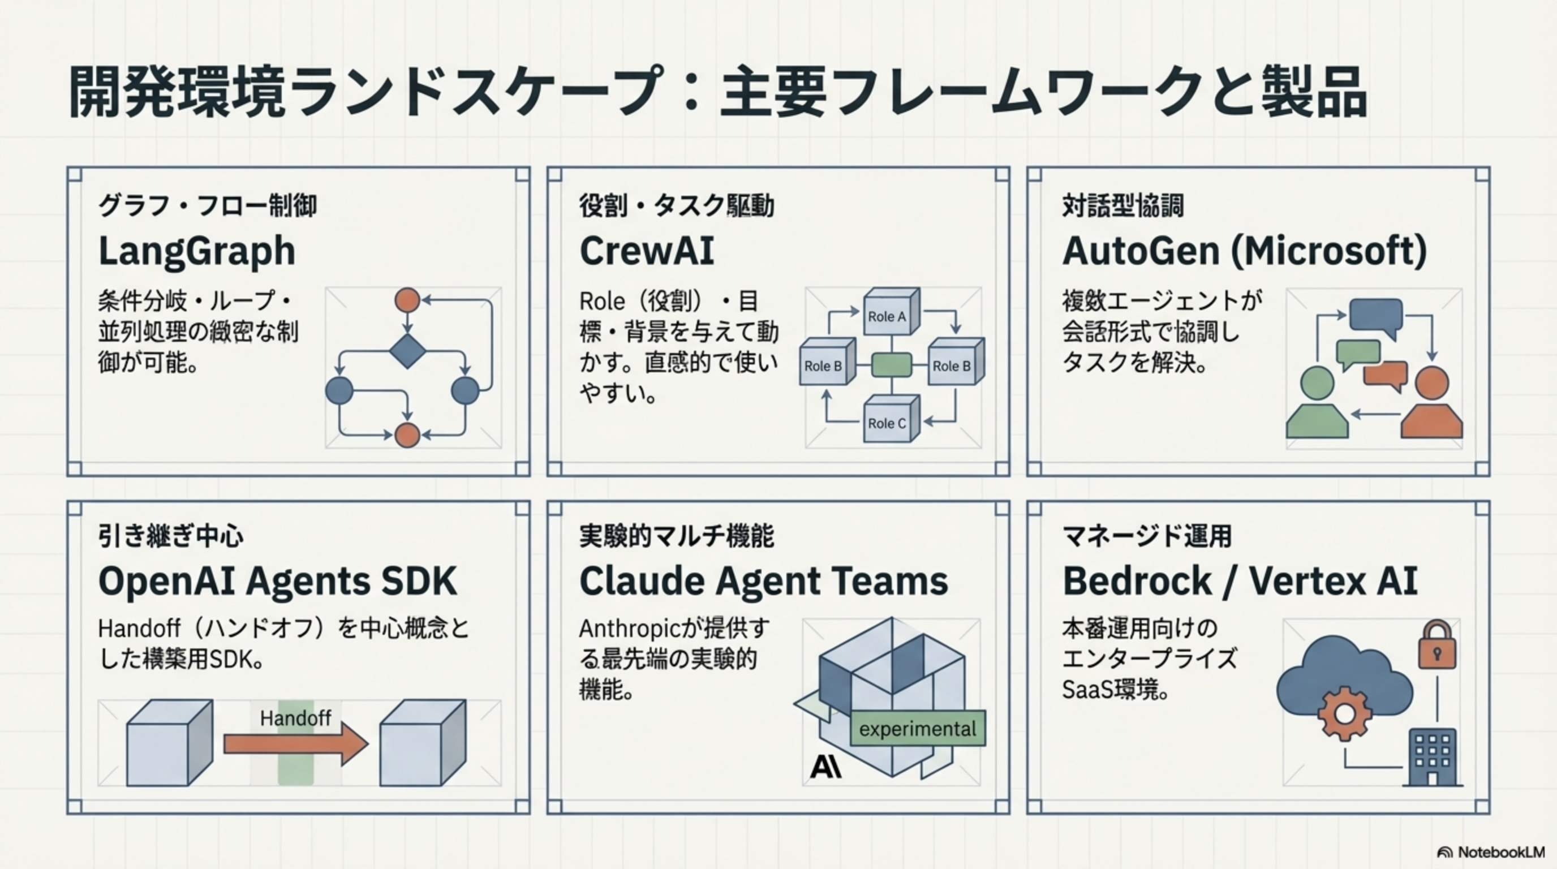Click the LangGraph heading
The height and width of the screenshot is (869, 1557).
(196, 251)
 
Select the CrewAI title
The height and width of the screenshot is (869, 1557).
(646, 251)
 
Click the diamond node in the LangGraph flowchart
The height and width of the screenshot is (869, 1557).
(407, 351)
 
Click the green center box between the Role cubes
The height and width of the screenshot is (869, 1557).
(892, 365)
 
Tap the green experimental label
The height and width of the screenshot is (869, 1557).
(917, 729)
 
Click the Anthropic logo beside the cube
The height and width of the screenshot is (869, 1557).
(825, 767)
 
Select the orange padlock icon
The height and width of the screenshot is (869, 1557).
(1436, 646)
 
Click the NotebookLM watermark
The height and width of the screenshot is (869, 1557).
(1493, 852)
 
